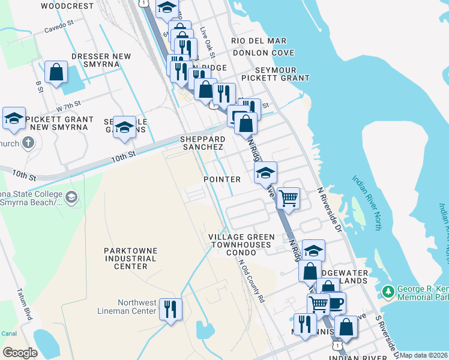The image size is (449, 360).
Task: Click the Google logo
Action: [x=20, y=353]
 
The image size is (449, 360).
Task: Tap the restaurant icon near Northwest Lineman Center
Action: [x=170, y=310]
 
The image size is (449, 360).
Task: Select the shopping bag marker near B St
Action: [x=56, y=73]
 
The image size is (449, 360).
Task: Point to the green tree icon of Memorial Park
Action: [x=388, y=292]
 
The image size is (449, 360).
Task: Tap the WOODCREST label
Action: [x=68, y=6]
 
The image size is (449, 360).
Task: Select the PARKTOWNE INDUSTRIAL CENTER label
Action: [x=130, y=258]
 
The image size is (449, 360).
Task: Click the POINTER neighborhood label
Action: [x=221, y=179]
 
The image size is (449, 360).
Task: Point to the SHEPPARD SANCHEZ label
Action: [x=202, y=143]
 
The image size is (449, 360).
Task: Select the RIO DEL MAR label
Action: [x=259, y=41]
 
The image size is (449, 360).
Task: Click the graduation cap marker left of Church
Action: [x=14, y=119]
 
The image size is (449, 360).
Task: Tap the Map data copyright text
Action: [x=424, y=355]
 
